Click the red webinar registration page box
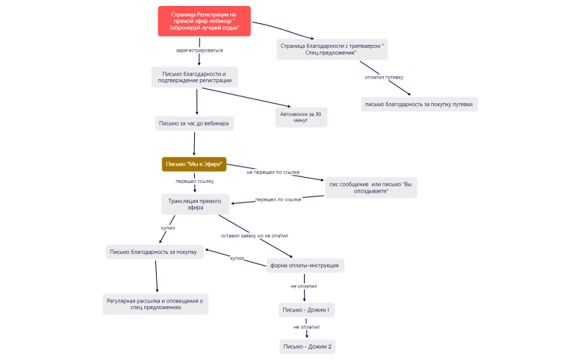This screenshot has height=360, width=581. coord(204,21)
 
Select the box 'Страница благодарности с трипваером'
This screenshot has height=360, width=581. coord(332,49)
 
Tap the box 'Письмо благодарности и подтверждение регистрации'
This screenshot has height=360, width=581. coord(193,77)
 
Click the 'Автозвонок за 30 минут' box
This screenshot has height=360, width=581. coord(301,117)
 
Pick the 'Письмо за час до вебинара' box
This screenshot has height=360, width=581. coord(194,123)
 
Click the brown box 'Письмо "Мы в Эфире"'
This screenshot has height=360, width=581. coord(193,164)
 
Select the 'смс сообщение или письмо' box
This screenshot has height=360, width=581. coord(370,187)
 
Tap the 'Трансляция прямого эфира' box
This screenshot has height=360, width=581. coord(195,205)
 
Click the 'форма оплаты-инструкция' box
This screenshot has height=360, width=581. coord(304,265)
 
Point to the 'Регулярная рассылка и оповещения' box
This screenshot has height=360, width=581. coord(155,304)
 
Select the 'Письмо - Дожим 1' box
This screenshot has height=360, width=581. coord(306,310)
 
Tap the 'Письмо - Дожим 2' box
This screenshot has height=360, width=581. coord(306,347)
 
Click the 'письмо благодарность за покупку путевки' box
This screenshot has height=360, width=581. coord(419,105)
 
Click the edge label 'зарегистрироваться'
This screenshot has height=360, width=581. coord(199,51)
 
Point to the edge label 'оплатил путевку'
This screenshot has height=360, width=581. coord(384,78)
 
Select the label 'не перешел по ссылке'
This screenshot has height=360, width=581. coord(273,173)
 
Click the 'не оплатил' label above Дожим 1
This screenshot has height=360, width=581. coord(304,286)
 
